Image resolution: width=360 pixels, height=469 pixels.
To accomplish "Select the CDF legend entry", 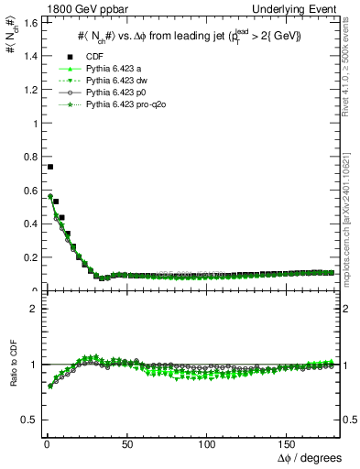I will point(96,56).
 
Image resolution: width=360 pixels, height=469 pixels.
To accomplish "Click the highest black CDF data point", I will point(50,167).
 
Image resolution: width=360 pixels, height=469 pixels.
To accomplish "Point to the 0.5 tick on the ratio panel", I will point(27,420).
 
